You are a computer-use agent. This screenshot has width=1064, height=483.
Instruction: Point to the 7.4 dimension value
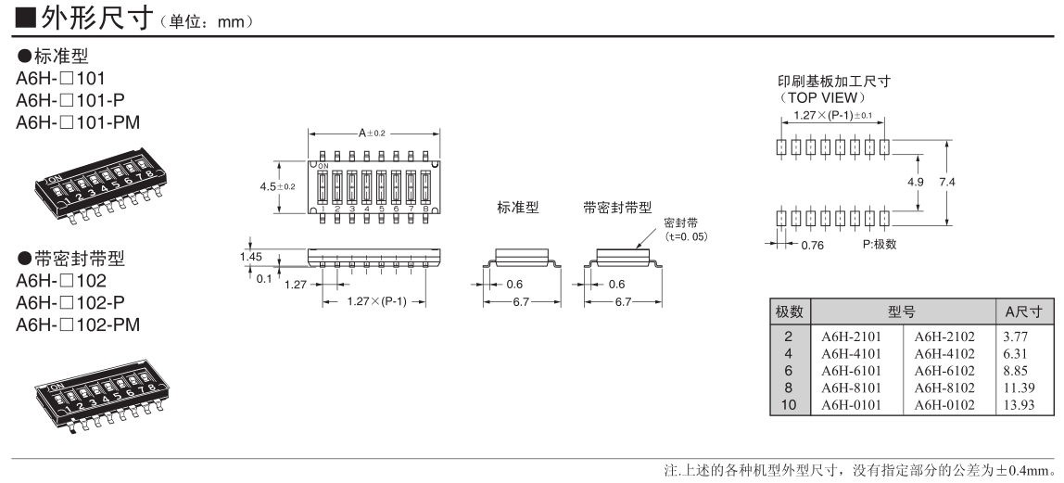(x=946, y=183)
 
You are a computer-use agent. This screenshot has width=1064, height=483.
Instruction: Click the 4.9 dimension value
(x=915, y=183)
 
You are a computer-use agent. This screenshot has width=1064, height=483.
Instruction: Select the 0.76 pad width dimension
(x=812, y=245)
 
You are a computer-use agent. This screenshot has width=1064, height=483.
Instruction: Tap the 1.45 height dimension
(x=251, y=256)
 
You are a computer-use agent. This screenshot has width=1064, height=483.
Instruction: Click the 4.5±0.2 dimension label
(x=277, y=186)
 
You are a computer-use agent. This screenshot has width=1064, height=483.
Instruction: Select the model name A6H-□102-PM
(x=79, y=324)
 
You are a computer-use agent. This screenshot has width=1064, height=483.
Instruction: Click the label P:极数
(x=878, y=245)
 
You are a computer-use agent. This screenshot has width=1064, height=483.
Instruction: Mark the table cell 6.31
(x=1014, y=352)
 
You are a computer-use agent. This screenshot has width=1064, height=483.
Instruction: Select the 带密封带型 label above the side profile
(x=617, y=209)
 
